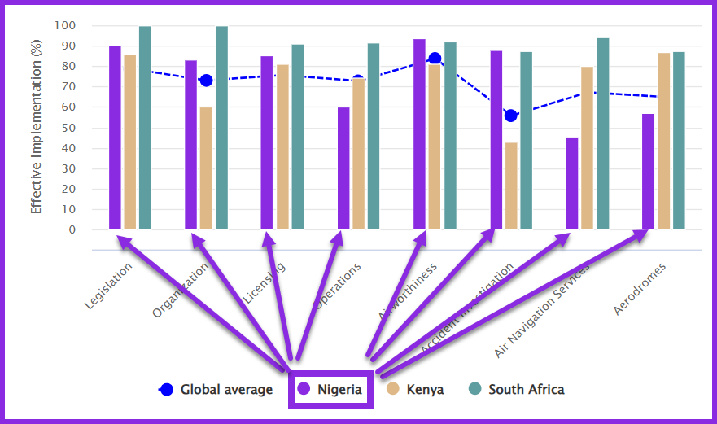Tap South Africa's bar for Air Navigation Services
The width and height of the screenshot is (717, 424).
pos(602,133)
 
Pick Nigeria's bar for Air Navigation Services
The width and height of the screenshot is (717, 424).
pos(572,183)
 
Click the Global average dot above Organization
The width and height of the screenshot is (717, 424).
pos(206,81)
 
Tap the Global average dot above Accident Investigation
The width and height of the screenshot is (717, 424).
pos(510,116)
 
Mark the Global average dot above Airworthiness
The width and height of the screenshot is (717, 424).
pos(435,59)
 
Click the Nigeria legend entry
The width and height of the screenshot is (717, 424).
pos(331,389)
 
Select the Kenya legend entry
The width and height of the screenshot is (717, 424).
pos(416,389)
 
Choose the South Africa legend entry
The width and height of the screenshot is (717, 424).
pos(517,389)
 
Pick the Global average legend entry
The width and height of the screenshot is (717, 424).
pos(216,389)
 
